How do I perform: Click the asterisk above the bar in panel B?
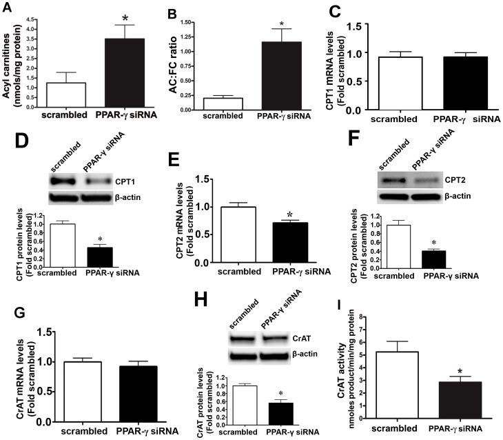pyautogui.click(x=282, y=24)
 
